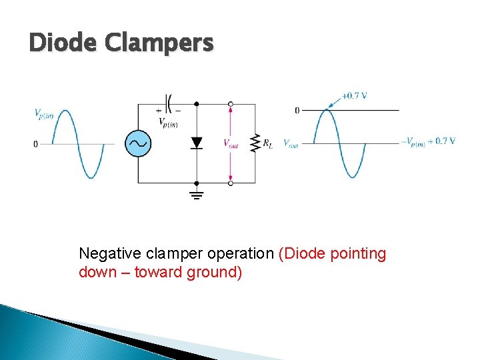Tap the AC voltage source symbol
pos(139,143)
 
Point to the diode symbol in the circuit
pos(196,143)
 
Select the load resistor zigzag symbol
pos(255,143)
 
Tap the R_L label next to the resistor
pos(267,143)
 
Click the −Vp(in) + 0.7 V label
pos(429,141)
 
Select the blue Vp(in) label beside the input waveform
pos(44,113)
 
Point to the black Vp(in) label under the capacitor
pos(168,122)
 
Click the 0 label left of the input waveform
pos(36,144)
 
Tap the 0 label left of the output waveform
pos(297,111)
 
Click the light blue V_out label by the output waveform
pos(291,143)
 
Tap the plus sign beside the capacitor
pos(159,110)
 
